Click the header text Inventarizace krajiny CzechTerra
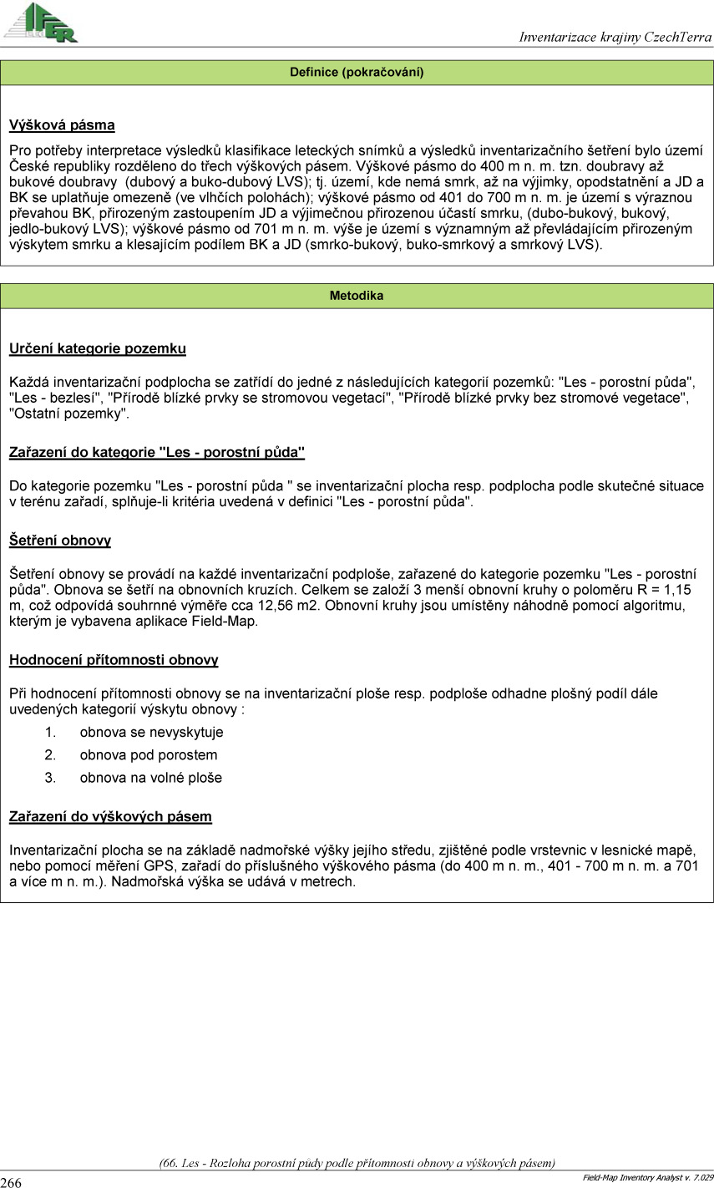pyautogui.click(x=615, y=37)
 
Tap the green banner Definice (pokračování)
pyautogui.click(x=357, y=73)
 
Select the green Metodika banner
pyautogui.click(x=357, y=296)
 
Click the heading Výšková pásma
pyautogui.click(x=62, y=126)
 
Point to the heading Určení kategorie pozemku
pyautogui.click(x=98, y=348)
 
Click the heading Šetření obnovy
pyautogui.click(x=60, y=541)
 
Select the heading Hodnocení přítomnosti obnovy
pyautogui.click(x=114, y=660)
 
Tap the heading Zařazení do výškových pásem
pyautogui.click(x=110, y=816)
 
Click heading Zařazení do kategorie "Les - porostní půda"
pyautogui.click(x=157, y=453)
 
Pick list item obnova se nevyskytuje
pyautogui.click(x=151, y=733)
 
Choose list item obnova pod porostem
pyautogui.click(x=149, y=755)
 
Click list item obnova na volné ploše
pyautogui.click(x=151, y=778)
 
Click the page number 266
pyautogui.click(x=12, y=1182)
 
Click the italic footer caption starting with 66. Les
pyautogui.click(x=357, y=1162)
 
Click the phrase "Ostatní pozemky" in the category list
pyautogui.click(x=69, y=414)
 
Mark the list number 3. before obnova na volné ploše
pyautogui.click(x=50, y=778)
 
